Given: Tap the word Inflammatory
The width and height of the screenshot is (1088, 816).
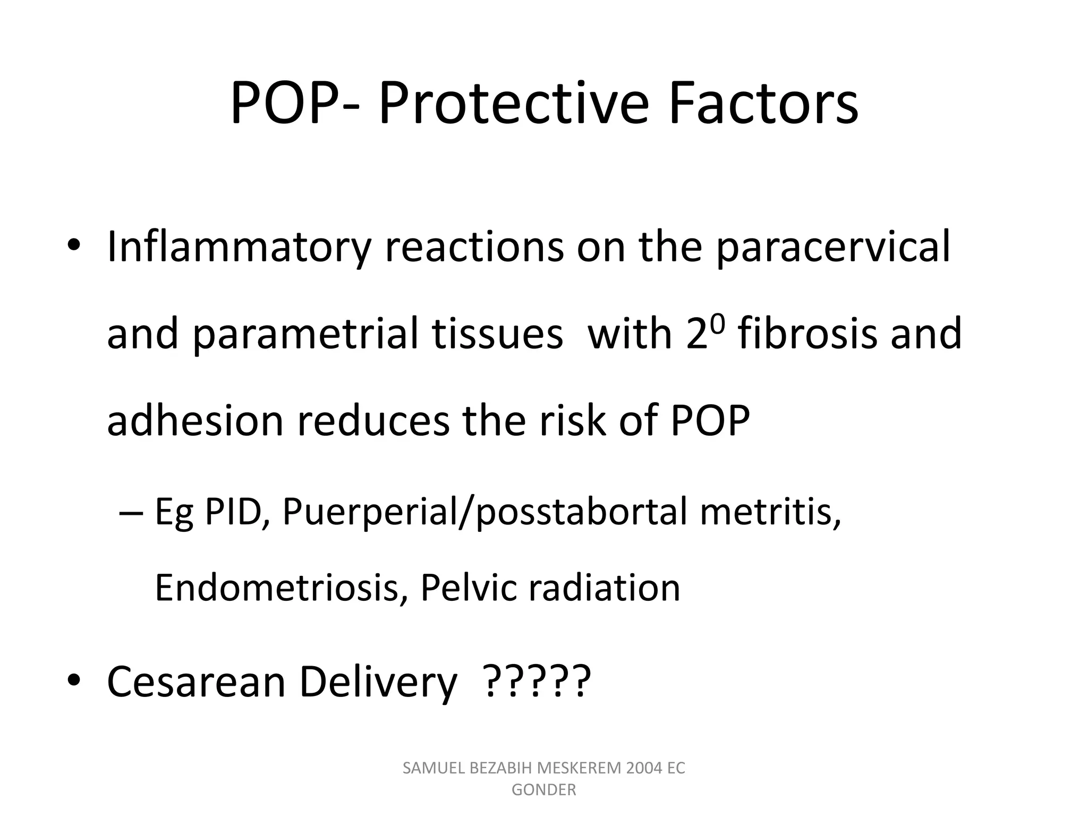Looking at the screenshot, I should click(x=238, y=248).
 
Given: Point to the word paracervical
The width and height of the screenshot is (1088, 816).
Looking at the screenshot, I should click(x=832, y=248).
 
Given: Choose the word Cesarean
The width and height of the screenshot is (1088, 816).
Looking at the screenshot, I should click(x=197, y=682).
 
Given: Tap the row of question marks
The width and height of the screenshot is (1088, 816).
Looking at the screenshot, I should click(x=537, y=682).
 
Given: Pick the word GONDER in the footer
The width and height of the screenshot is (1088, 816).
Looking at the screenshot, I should click(x=543, y=790).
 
